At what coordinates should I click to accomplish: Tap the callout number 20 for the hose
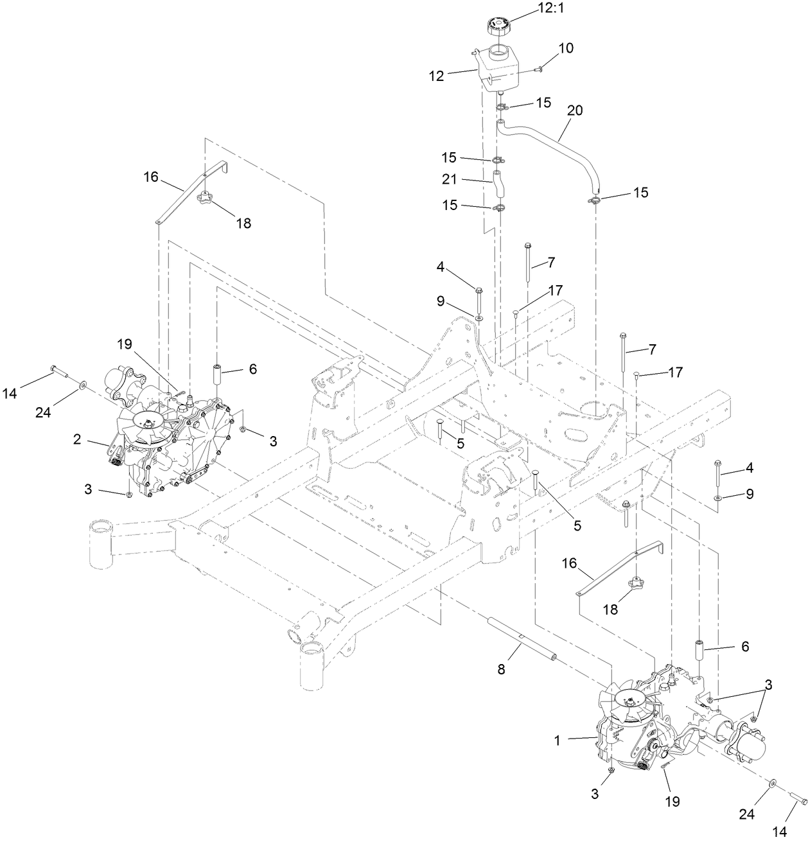(x=574, y=110)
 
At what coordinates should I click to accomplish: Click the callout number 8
(x=501, y=669)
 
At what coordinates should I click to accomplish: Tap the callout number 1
(x=557, y=740)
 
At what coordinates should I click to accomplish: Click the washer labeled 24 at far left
(x=83, y=385)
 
